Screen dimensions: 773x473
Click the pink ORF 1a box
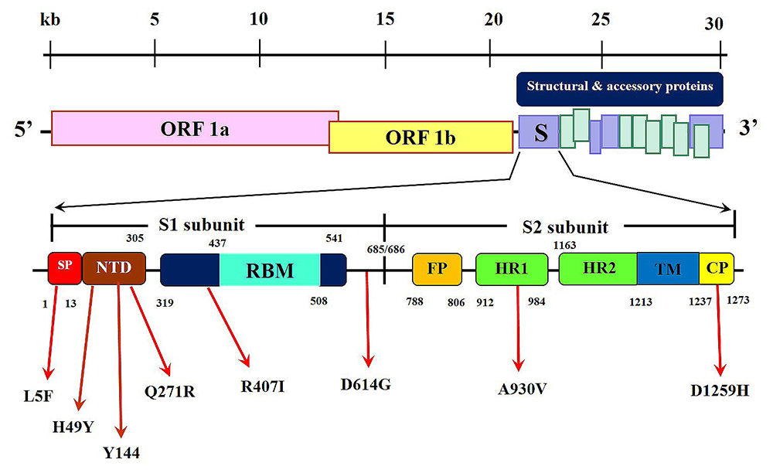pos(195,128)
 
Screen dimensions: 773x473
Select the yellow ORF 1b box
pos(421,137)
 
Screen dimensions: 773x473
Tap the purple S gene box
pos(539,131)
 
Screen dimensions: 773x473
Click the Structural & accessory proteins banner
pos(620,89)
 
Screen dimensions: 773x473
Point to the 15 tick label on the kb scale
pos(385,19)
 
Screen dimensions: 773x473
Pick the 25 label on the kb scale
pos(601,19)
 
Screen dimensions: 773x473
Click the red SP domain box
pos(65,268)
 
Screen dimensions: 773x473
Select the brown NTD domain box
pos(114,268)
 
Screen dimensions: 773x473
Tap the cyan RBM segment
pos(270,270)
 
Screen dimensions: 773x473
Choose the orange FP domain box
pos(438,270)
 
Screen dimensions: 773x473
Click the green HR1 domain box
pos(512,270)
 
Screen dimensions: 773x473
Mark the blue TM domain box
pos(668,268)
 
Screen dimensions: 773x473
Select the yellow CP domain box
pos(717,268)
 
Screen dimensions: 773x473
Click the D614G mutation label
pos(366,384)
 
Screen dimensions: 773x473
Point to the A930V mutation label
pos(522,390)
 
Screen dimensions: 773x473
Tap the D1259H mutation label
pos(720,391)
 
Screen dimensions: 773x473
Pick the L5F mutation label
pos(38,396)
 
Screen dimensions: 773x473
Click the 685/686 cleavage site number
pos(386,250)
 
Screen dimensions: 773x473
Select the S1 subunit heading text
pos(202,225)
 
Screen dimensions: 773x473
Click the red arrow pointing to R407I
pos(228,327)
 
